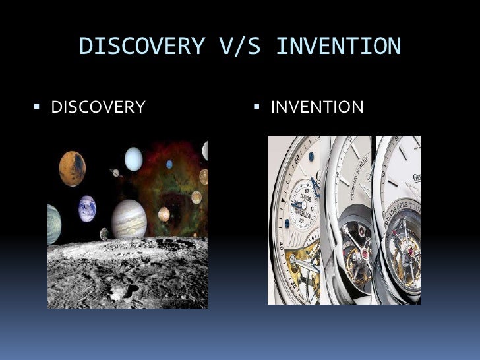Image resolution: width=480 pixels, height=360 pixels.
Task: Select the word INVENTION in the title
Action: pos(338,46)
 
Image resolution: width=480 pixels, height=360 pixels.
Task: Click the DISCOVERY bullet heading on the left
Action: pos(98,106)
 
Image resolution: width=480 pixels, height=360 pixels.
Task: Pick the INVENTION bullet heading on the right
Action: pos(316,106)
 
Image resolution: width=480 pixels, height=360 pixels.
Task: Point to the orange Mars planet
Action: pos(72,168)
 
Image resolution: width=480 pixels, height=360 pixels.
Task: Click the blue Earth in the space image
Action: pos(88,209)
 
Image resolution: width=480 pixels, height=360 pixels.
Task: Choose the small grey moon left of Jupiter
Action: pos(104,233)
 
